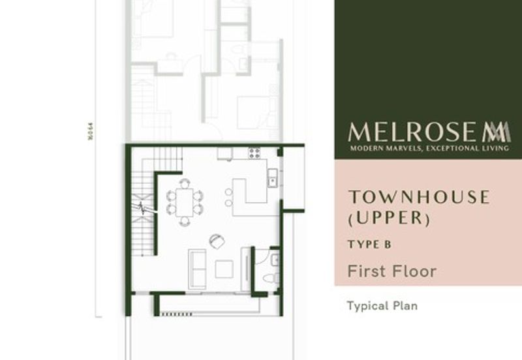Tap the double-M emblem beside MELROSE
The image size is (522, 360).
[497, 132]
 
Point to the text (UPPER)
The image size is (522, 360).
[390, 218]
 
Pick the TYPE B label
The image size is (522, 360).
[369, 245]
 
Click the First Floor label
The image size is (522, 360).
[391, 271]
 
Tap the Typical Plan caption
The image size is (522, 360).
[382, 305]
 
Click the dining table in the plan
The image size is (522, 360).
[184, 202]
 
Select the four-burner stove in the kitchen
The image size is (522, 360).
[254, 154]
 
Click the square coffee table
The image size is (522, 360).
[224, 269]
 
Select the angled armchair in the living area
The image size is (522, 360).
[217, 241]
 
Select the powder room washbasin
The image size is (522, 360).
[275, 260]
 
